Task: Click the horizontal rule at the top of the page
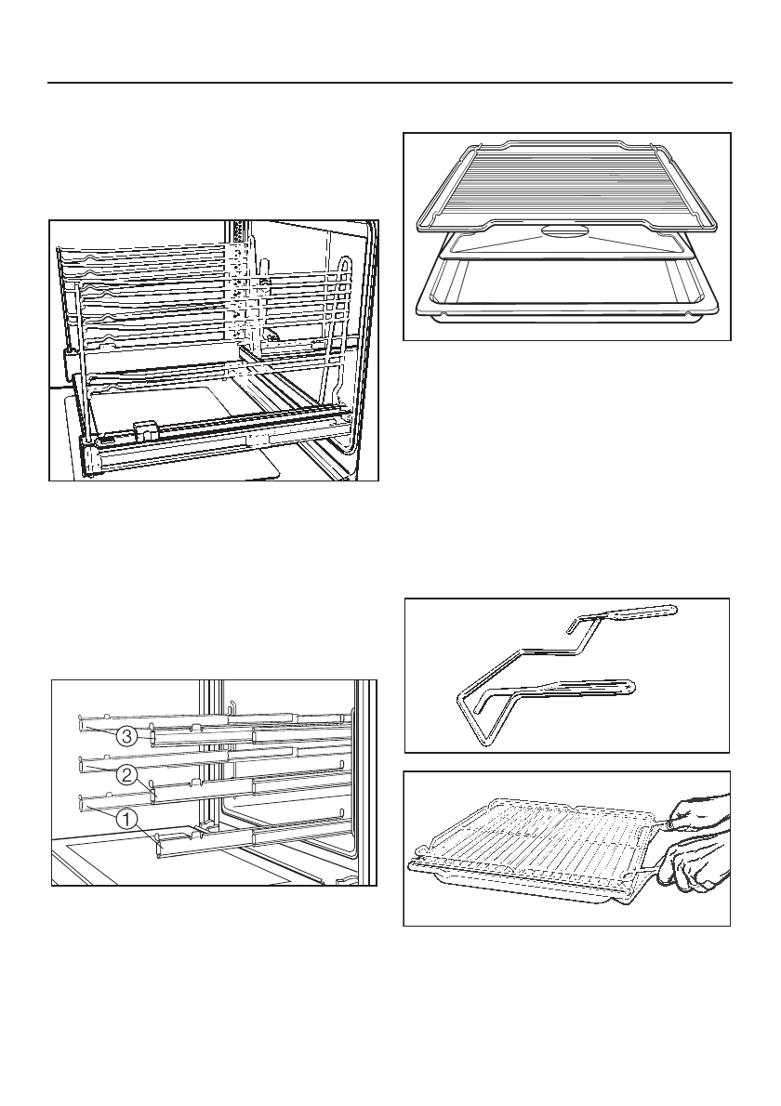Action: [x=390, y=83]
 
